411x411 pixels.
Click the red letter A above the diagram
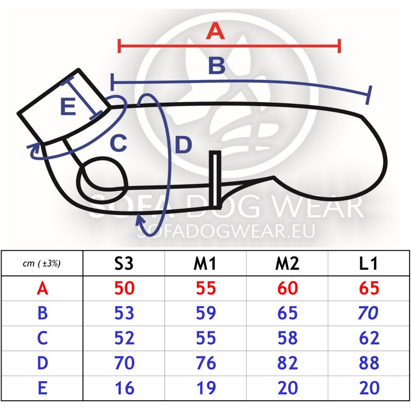[x=215, y=31]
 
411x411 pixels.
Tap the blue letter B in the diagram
[x=217, y=66]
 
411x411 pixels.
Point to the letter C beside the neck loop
[x=119, y=143]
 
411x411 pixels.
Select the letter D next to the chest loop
[x=183, y=144]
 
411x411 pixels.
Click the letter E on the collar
[x=68, y=106]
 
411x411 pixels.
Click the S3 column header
[x=124, y=263]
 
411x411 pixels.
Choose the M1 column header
[x=205, y=263]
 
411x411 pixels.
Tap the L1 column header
[x=368, y=263]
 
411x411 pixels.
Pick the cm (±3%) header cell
[x=42, y=263]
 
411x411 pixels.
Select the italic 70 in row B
[x=368, y=313]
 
